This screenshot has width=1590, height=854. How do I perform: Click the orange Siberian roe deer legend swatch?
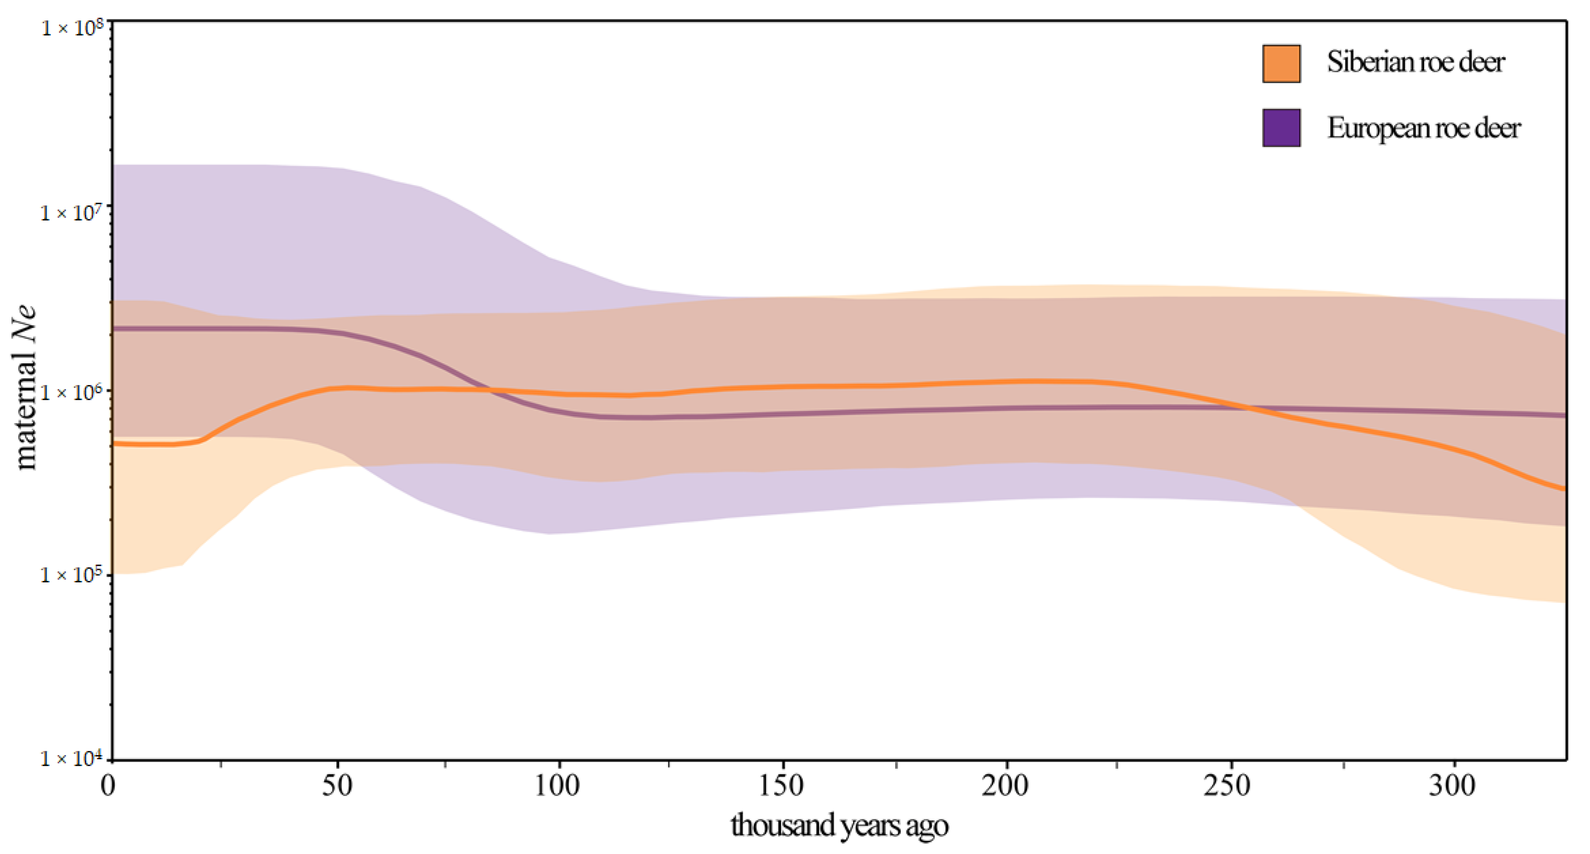point(1282,64)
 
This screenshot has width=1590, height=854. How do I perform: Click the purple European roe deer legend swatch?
point(1282,128)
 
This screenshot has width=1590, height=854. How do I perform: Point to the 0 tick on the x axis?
point(109,786)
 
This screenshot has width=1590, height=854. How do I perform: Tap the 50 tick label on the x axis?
point(337,786)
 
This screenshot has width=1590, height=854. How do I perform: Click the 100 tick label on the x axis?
point(558,786)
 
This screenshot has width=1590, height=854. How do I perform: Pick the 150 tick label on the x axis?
point(782,786)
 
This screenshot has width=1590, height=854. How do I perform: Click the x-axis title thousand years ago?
point(840,826)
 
